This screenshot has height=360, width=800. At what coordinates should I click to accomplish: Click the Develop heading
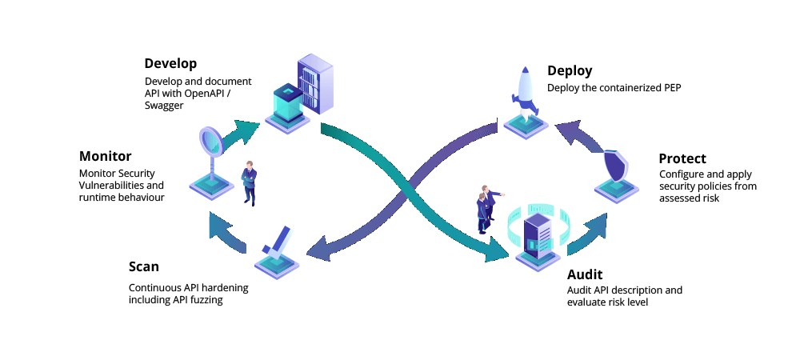tap(170, 63)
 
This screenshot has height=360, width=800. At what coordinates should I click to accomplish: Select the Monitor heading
tap(105, 156)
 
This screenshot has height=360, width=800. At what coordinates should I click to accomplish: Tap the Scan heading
tap(144, 266)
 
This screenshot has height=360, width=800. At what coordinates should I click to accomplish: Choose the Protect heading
tap(682, 158)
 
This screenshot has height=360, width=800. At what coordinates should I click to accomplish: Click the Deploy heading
tap(570, 70)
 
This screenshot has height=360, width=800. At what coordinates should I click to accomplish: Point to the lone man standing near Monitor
tap(250, 184)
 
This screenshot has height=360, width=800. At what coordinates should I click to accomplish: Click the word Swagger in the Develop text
tap(164, 106)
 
